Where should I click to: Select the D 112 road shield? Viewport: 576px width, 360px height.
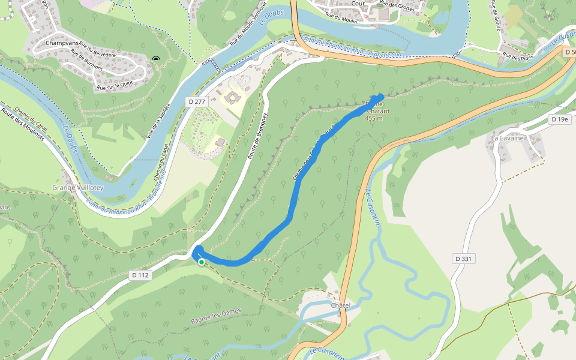point(140,275)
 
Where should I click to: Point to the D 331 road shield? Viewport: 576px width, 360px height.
point(463,259)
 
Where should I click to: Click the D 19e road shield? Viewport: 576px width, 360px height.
point(560,120)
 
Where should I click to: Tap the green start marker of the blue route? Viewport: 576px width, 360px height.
point(202,262)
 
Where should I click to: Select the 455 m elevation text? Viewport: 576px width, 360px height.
point(374,118)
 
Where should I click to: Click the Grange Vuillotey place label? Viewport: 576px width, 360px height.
point(78,187)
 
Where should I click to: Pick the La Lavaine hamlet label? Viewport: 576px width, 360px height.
point(508,138)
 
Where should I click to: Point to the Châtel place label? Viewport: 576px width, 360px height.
point(340,305)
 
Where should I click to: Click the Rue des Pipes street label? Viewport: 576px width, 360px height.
point(518,57)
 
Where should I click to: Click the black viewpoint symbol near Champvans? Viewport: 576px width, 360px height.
point(156,59)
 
